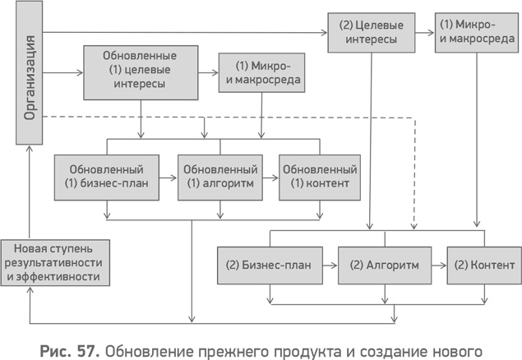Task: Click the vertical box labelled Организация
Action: tap(29, 74)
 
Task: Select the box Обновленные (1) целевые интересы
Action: tap(139, 70)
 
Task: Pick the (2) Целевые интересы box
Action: tap(369, 32)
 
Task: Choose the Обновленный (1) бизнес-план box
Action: tap(106, 174)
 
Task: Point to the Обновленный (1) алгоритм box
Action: tap(219, 174)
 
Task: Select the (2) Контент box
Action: tap(483, 265)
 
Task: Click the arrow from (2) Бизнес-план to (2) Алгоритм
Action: tap(328, 265)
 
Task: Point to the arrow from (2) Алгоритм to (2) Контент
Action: tap(438, 265)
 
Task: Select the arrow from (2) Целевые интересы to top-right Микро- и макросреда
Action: tap(423, 33)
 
